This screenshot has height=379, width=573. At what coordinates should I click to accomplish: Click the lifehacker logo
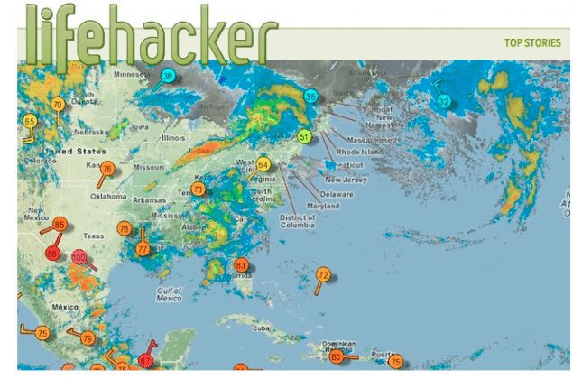pyautogui.click(x=150, y=34)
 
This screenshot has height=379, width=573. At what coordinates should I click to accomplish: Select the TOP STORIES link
pyautogui.click(x=532, y=42)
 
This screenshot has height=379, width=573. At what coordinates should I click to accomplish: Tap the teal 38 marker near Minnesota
pyautogui.click(x=168, y=78)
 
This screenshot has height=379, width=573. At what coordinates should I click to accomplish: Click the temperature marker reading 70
pyautogui.click(x=58, y=105)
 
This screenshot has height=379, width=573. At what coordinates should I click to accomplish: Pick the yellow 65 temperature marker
pyautogui.click(x=30, y=122)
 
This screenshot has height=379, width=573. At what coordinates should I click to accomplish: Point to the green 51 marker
pyautogui.click(x=304, y=137)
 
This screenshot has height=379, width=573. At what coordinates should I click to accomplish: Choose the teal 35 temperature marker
pyautogui.click(x=311, y=97)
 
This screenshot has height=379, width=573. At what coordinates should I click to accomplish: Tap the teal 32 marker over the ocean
pyautogui.click(x=443, y=102)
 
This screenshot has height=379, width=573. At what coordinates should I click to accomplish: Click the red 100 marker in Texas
pyautogui.click(x=79, y=258)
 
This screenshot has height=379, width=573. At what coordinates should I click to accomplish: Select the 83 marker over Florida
pyautogui.click(x=240, y=266)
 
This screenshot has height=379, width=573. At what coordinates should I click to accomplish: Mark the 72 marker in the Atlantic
pyautogui.click(x=324, y=274)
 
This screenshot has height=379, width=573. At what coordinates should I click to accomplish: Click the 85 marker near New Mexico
pyautogui.click(x=60, y=225)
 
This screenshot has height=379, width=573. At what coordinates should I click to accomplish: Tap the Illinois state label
pyautogui.click(x=172, y=138)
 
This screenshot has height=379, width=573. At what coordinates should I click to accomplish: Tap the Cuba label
pyautogui.click(x=262, y=328)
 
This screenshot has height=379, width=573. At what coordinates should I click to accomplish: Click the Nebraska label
pyautogui.click(x=93, y=131)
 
